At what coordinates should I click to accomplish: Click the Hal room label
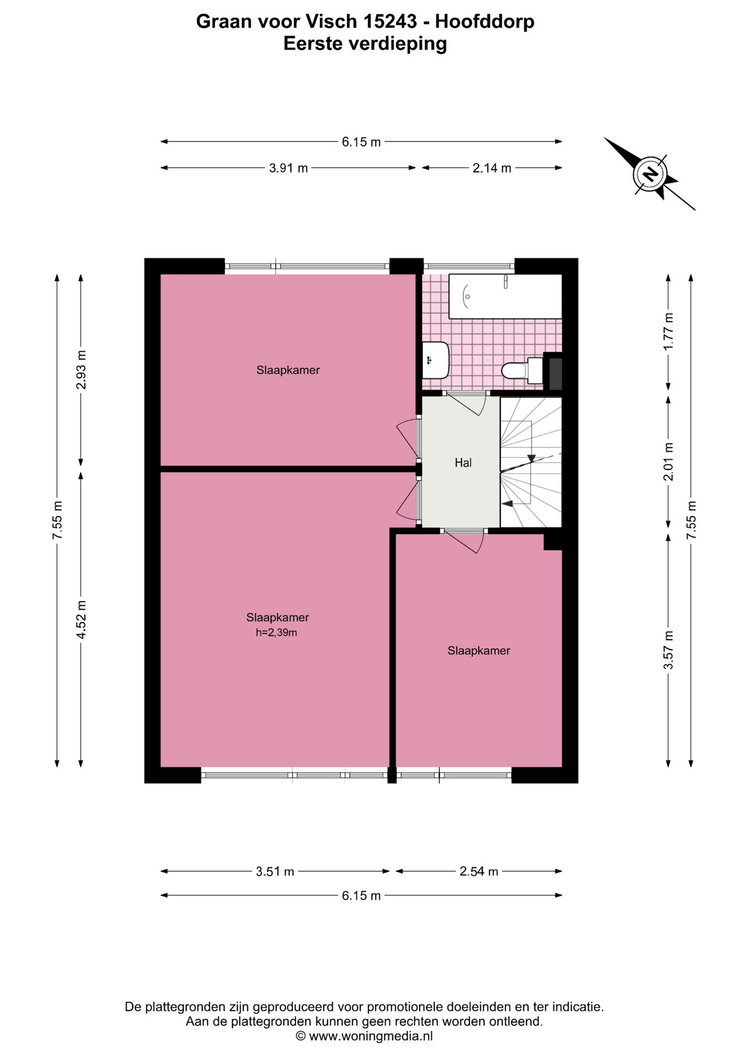pos(463,463)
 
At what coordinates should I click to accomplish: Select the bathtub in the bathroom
pos(505,296)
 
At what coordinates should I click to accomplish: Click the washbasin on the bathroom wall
pos(436,360)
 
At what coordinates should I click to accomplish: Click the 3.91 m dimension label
pos(288,168)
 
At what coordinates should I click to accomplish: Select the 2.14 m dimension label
pos(492,168)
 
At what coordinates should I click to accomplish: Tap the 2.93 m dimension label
pos(82,369)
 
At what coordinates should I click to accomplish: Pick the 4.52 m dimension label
pos(82,619)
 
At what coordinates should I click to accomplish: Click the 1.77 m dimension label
pos(668,331)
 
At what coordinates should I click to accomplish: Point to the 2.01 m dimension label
pos(668,462)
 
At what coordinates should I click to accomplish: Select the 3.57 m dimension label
pos(668,650)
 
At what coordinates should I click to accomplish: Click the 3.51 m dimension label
pos(275,871)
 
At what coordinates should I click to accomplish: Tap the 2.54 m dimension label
pos(479,871)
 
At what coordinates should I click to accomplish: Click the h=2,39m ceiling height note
pos(277,633)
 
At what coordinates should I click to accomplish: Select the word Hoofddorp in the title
pos(485,21)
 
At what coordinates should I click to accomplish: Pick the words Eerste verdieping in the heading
pos(365,43)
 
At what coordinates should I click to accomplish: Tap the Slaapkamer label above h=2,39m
pos(278,618)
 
